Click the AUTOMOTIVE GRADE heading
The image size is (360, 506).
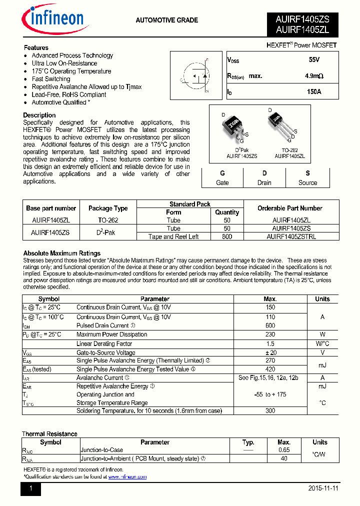[x=167, y=20]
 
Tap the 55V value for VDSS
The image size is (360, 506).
[x=314, y=60]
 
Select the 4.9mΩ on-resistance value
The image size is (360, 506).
[x=314, y=76]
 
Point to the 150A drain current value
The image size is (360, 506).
[x=314, y=92]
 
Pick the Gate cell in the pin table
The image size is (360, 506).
[x=222, y=178]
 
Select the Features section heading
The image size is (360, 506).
[x=36, y=48]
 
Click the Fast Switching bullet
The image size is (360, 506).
[x=51, y=79]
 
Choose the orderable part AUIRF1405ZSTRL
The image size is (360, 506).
[x=291, y=236]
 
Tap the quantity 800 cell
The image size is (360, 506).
[x=227, y=236]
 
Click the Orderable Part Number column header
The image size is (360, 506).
[x=290, y=208]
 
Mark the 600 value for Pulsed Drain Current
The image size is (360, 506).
[x=270, y=325]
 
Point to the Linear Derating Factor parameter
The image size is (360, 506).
[x=104, y=343]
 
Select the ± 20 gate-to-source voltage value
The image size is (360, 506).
[x=270, y=352]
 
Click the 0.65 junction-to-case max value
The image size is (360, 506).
[x=284, y=450]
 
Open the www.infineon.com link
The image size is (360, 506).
[x=127, y=477]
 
